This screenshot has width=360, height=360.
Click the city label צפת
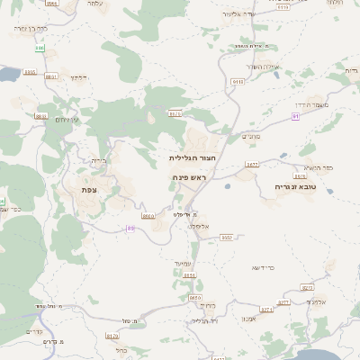click(x=89, y=189)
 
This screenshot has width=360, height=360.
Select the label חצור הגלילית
click(x=190, y=157)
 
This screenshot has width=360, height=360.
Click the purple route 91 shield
click(x=295, y=116)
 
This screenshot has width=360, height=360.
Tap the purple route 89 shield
click(x=130, y=228)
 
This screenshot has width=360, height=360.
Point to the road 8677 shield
click(x=251, y=164)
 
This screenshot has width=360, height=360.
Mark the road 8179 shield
click(x=112, y=337)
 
